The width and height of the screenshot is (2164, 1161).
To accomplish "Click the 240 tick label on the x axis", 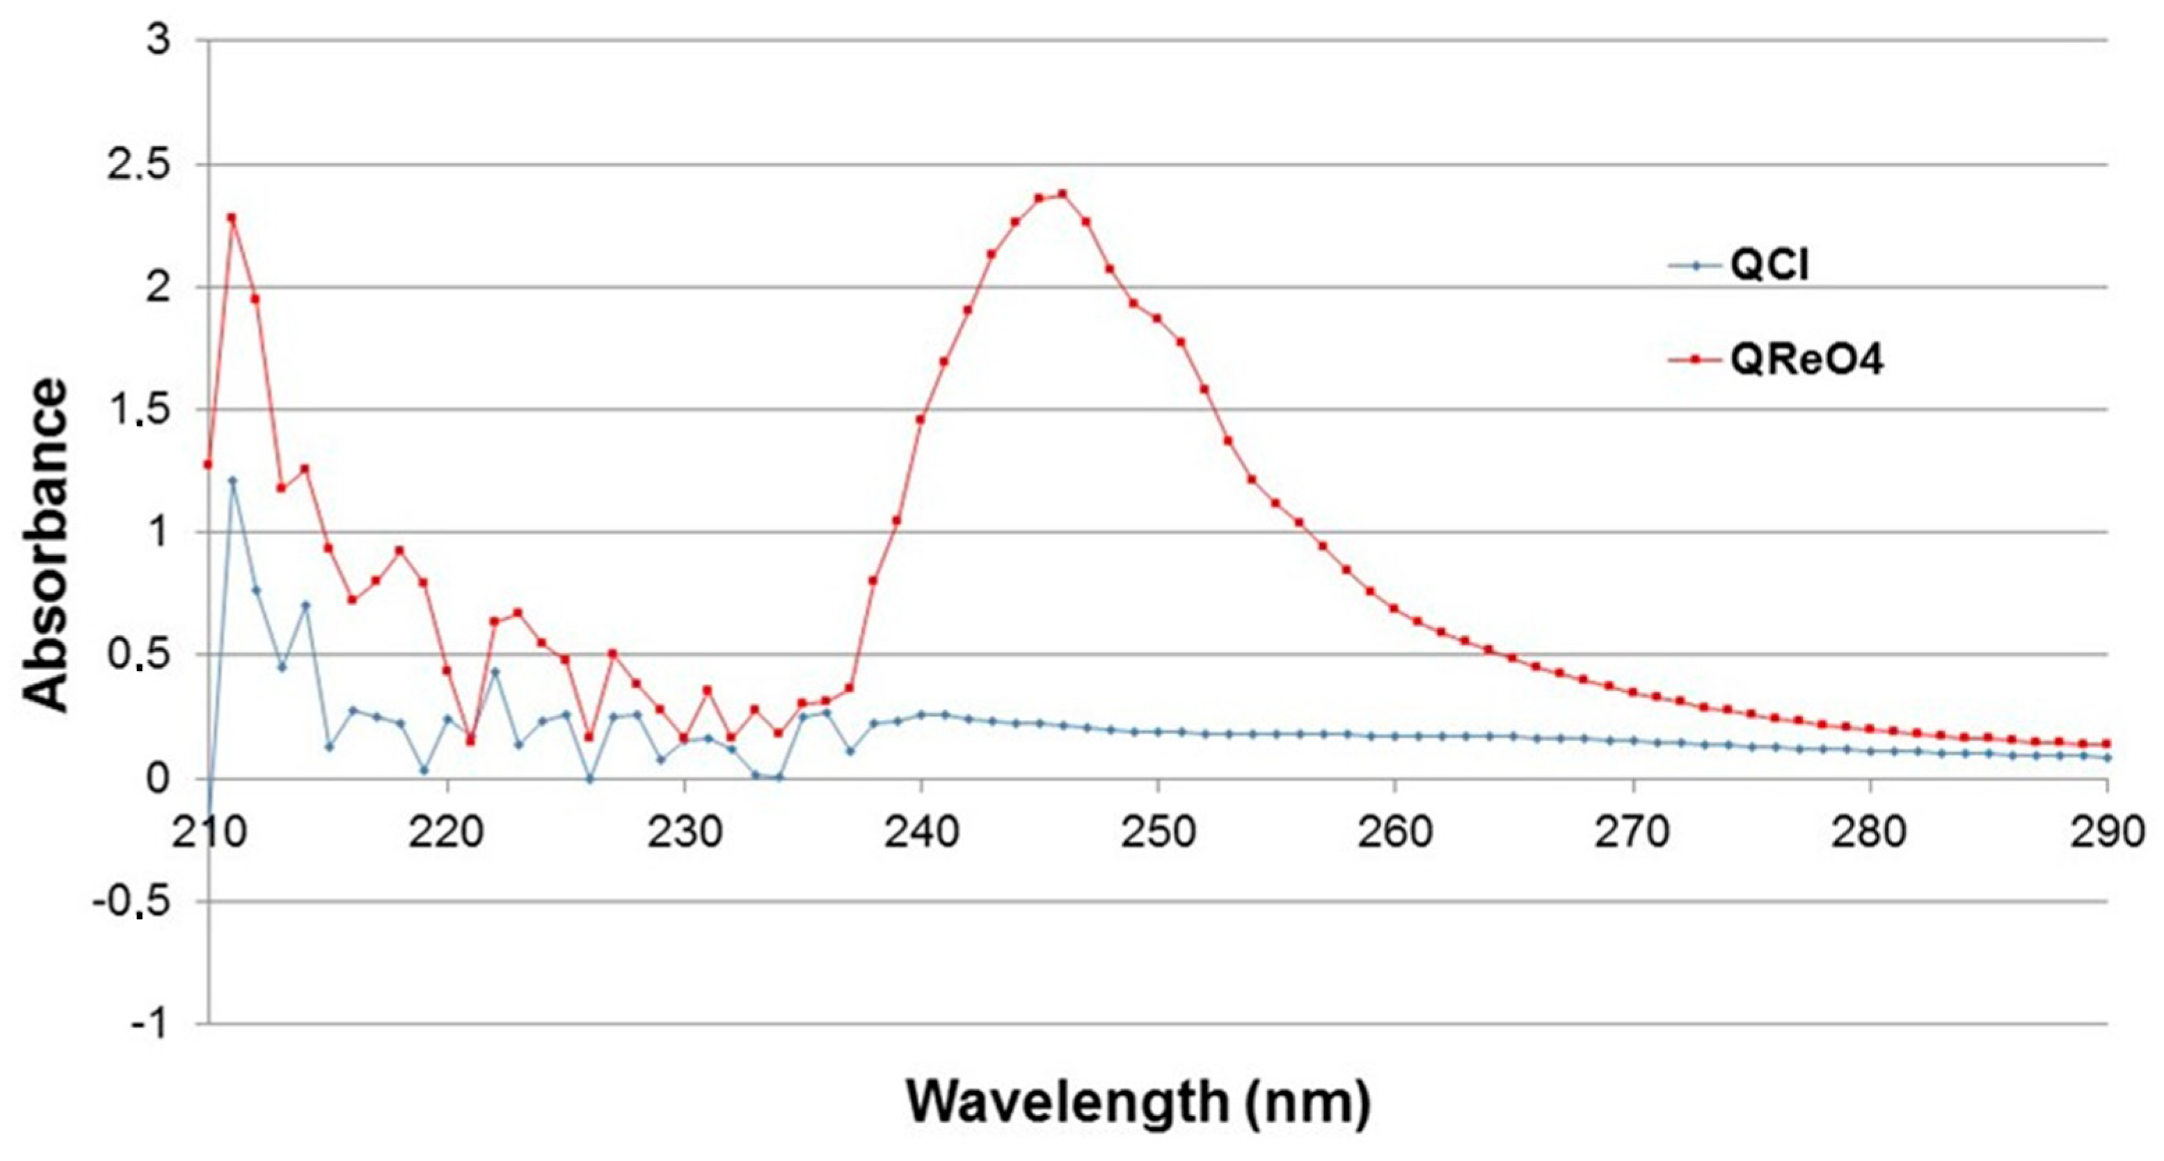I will [x=921, y=832].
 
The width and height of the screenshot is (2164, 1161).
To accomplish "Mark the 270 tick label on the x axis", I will [x=1632, y=832].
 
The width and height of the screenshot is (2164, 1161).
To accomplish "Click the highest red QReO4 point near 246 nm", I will [x=1062, y=194].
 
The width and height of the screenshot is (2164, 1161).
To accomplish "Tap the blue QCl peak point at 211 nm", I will [x=232, y=481].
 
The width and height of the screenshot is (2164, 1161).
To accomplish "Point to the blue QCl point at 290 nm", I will [x=2107, y=758].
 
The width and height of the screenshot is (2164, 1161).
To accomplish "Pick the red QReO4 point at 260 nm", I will [x=1394, y=608].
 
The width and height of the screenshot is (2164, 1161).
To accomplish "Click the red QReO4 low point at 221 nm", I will [x=470, y=741].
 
